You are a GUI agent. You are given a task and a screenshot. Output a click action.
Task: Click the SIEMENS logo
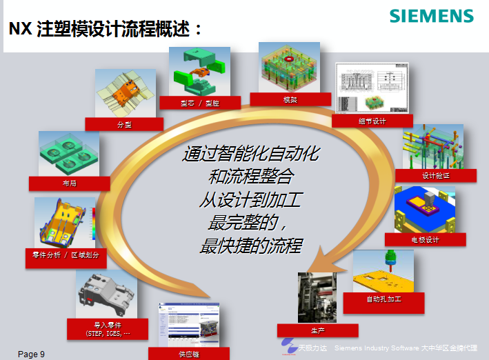[x=431, y=16]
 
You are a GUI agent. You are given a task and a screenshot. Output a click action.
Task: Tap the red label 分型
[x=124, y=124]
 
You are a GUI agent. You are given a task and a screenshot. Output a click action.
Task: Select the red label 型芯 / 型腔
[x=200, y=103]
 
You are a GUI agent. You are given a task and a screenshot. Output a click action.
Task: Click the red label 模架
[x=290, y=99]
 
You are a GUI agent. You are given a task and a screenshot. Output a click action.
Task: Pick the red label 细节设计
[x=372, y=121]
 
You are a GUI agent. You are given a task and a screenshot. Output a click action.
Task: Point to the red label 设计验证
[x=435, y=175]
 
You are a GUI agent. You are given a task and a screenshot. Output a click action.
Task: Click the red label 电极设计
[x=425, y=239]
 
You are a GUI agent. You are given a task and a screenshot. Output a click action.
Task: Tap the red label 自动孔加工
[x=383, y=299]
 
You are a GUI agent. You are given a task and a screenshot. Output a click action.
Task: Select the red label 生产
[x=317, y=330]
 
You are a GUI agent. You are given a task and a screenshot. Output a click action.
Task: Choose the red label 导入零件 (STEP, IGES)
[x=107, y=328]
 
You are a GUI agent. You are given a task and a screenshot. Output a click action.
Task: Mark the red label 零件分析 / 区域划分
[x=66, y=254]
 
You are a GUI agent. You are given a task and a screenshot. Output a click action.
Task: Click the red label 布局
[x=69, y=183]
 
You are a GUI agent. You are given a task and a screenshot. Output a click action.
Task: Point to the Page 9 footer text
[x=31, y=354]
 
